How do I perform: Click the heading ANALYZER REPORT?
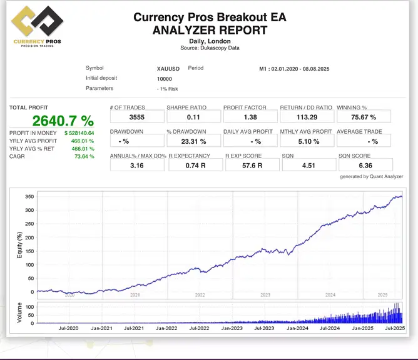pos(210,29)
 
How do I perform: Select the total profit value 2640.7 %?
pos(63,121)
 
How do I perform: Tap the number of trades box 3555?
pos(136,117)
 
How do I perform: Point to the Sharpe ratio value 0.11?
pos(193,117)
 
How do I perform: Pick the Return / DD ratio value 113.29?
pos(306,117)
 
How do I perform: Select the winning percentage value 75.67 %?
pos(364,117)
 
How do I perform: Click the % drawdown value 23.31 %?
pos(193,141)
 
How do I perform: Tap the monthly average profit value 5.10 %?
pos(306,141)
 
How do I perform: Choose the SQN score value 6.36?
pos(365,165)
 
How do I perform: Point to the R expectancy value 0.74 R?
pos(193,165)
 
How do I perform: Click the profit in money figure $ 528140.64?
pos(79,133)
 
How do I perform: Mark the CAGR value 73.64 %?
pos(84,156)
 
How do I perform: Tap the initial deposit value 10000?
pos(165,79)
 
